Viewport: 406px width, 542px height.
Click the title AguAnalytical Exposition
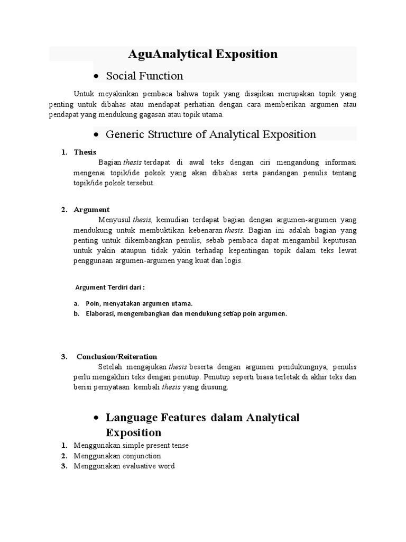click(202, 54)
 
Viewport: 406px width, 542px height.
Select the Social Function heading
click(144, 76)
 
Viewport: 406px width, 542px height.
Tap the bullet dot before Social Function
click(96, 77)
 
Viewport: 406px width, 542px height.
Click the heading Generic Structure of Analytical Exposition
click(211, 134)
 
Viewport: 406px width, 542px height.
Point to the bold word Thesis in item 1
click(85, 152)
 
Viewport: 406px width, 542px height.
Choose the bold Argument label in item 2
click(91, 210)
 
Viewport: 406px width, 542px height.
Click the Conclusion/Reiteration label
click(117, 356)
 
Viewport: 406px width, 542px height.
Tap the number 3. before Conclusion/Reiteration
click(64, 356)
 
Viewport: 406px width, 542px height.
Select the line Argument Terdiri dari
click(110, 287)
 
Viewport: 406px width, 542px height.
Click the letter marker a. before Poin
click(77, 303)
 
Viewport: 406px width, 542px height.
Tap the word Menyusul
click(114, 220)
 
